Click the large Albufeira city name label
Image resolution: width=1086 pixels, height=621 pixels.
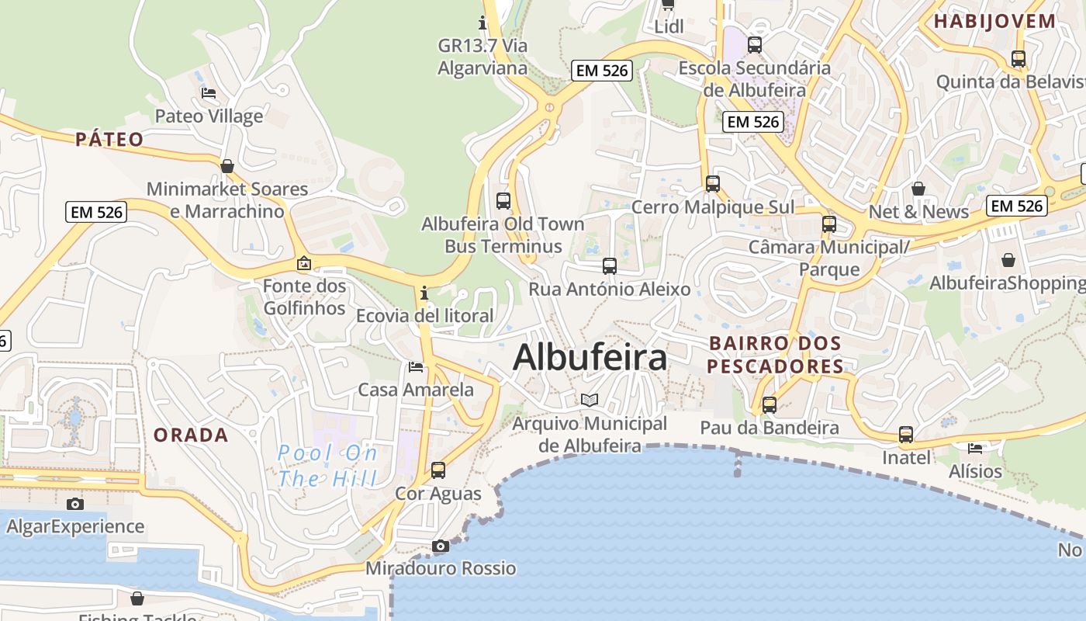[590, 358]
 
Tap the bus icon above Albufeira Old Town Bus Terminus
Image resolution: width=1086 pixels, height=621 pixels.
[503, 200]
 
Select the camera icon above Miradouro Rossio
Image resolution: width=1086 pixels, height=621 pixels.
[441, 546]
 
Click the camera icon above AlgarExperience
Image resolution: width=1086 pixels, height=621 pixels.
[74, 504]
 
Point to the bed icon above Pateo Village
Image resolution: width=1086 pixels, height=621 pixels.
[209, 93]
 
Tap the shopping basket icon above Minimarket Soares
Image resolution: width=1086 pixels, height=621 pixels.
[227, 166]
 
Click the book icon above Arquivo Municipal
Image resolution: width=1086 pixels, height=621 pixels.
[590, 400]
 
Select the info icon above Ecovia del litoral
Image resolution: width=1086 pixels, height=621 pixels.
[424, 293]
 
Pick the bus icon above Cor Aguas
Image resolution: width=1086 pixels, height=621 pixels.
[438, 470]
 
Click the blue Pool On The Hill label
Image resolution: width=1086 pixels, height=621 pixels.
[327, 465]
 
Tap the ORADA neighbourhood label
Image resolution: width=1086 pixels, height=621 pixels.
[191, 435]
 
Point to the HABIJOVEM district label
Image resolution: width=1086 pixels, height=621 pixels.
[994, 21]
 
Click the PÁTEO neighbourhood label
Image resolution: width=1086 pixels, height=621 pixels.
[109, 139]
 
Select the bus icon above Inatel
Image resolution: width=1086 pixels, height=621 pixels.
[906, 435]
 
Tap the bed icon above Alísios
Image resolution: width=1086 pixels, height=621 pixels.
[975, 448]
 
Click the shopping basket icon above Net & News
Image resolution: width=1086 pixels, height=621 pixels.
[918, 189]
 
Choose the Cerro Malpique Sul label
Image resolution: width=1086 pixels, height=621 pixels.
[712, 207]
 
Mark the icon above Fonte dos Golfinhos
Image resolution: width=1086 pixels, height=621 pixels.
[304, 263]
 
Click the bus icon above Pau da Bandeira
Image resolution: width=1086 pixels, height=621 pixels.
[770, 404]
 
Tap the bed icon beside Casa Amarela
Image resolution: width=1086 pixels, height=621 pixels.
[416, 366]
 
